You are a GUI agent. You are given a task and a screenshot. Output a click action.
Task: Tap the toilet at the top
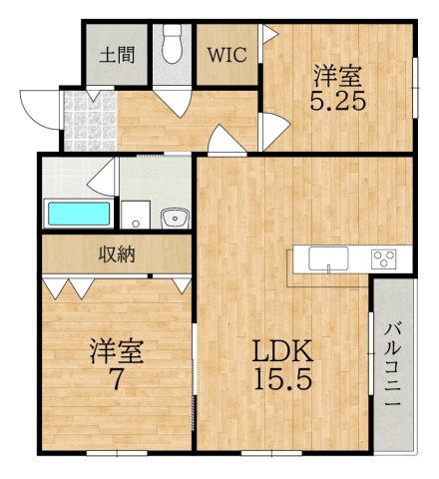tap(173, 45)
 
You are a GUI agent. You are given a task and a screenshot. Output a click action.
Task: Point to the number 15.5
tap(282, 379)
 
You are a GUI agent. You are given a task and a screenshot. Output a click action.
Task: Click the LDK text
tap(282, 351)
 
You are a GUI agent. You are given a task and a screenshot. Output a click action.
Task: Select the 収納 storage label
tap(116, 253)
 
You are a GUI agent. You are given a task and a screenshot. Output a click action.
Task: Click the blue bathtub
tap(79, 214)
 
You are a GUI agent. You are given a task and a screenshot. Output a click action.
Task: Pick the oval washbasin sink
tap(176, 216)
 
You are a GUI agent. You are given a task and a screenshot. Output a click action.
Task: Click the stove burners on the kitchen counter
tap(383, 259)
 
